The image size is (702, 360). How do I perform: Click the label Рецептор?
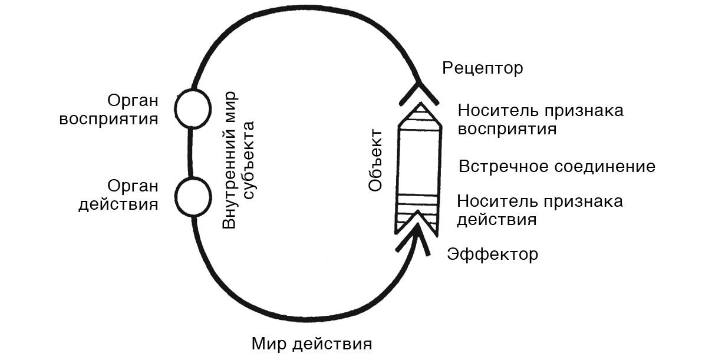click(x=482, y=68)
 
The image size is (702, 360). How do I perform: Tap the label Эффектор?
click(x=492, y=255)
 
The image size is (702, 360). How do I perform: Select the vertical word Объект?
click(x=375, y=161)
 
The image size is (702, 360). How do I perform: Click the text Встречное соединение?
click(x=556, y=166)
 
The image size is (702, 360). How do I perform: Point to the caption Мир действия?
click(x=312, y=344)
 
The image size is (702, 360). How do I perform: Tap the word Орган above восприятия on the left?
click(x=133, y=100)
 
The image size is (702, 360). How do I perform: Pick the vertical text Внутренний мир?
click(x=230, y=159)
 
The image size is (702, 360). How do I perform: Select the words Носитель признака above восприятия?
click(x=540, y=111)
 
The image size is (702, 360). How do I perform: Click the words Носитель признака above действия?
click(x=539, y=202)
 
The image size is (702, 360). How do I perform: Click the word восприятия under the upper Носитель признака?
click(x=507, y=128)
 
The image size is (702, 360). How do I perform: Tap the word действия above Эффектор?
click(x=496, y=220)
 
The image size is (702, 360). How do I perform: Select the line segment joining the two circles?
click(x=191, y=151)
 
